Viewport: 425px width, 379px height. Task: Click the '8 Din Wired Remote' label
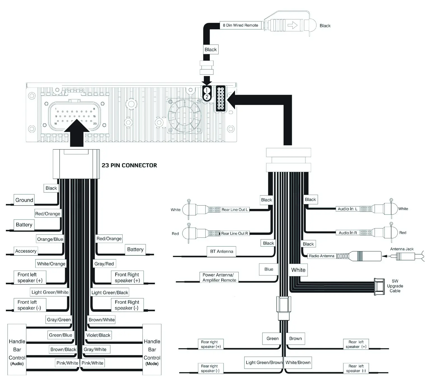click(240, 25)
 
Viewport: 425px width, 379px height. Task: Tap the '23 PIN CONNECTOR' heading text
click(129, 165)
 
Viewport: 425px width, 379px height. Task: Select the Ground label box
click(24, 200)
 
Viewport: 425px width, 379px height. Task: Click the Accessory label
click(26, 251)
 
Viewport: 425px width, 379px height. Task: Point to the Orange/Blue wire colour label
click(50, 239)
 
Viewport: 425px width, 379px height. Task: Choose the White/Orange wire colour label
click(51, 264)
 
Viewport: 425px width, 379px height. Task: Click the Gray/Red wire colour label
click(104, 264)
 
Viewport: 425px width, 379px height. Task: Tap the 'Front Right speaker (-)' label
click(127, 305)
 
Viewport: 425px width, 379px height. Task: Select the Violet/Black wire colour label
click(98, 335)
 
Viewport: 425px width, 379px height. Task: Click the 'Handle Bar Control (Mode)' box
click(152, 350)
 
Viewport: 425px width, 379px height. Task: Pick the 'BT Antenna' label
click(222, 251)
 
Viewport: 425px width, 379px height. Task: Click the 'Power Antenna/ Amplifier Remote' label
click(219, 277)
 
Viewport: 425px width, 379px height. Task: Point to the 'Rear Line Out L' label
click(234, 209)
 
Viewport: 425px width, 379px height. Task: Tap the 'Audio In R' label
click(347, 233)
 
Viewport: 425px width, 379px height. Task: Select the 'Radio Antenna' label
click(321, 256)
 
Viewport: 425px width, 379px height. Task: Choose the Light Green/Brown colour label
click(264, 362)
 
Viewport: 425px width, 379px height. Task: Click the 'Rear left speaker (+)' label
click(356, 344)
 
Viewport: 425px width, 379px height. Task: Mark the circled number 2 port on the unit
click(207, 97)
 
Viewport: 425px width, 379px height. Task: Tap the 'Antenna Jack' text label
click(402, 249)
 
